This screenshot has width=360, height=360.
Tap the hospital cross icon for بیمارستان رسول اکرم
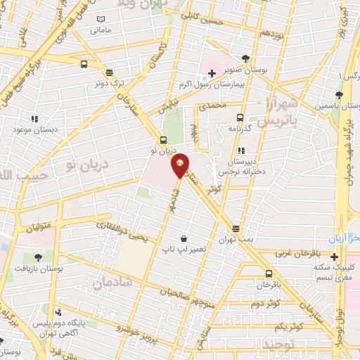(x=212, y=72)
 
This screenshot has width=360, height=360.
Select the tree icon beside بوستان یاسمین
(x=339, y=94)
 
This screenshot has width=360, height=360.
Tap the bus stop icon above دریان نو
(x=164, y=139)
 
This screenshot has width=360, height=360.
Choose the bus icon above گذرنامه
(x=240, y=117)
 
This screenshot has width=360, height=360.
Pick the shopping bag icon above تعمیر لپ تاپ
(x=184, y=239)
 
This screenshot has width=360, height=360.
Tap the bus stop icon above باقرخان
(x=269, y=274)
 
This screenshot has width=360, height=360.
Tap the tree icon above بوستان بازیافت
(x=37, y=258)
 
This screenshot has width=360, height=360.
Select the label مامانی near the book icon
(x=101, y=31)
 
